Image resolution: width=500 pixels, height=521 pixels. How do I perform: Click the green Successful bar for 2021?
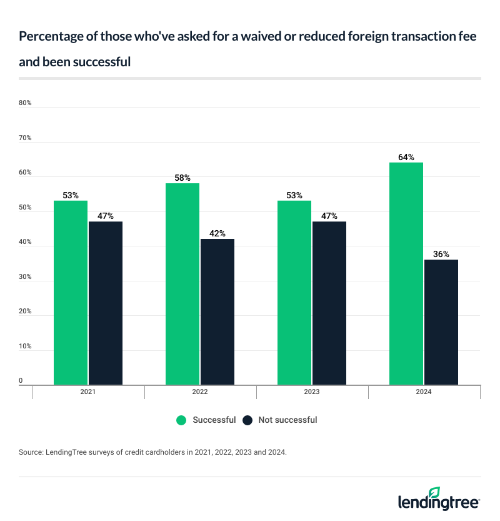(x=71, y=293)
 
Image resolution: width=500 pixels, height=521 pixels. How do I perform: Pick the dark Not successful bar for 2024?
(x=441, y=322)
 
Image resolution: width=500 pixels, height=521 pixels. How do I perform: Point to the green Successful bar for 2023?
(x=294, y=293)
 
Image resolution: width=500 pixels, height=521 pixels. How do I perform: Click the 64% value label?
(x=406, y=158)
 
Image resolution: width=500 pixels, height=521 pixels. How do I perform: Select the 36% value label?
(x=441, y=255)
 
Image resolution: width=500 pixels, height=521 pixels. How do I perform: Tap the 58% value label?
(x=182, y=178)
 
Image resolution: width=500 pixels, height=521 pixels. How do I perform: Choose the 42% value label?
(x=217, y=234)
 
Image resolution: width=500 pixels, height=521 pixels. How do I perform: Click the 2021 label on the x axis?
(x=89, y=392)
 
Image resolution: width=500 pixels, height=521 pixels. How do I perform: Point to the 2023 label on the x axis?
(x=312, y=392)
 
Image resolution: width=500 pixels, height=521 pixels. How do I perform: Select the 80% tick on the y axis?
(x=25, y=103)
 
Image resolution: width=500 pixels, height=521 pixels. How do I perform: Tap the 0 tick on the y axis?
(x=21, y=380)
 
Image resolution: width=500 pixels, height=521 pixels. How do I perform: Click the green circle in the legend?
(x=182, y=420)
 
